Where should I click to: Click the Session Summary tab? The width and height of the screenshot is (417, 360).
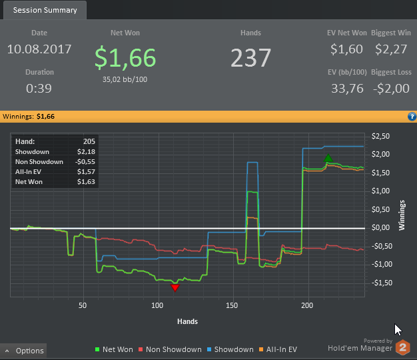point(45,10)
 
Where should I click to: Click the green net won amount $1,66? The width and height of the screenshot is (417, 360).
point(125,59)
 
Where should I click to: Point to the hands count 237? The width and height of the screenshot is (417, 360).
point(251,58)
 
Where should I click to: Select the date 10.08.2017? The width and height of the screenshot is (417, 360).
point(39,49)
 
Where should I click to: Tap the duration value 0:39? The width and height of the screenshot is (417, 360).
point(39,88)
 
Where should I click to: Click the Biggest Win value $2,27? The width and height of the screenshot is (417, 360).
point(391,49)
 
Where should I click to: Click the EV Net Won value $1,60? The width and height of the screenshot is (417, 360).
point(346,49)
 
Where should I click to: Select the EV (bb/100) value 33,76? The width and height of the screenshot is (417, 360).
point(346,88)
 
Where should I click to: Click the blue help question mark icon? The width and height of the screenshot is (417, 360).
point(411,117)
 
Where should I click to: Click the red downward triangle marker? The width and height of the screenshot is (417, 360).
point(175,287)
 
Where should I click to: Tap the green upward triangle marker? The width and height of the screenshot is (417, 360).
point(328,159)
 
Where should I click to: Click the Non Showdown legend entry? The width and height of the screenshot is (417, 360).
point(174,349)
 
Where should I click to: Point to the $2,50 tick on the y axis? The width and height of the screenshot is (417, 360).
point(380,137)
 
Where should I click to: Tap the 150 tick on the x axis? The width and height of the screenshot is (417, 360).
point(232,306)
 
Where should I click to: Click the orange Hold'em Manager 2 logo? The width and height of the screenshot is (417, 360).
point(402,347)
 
